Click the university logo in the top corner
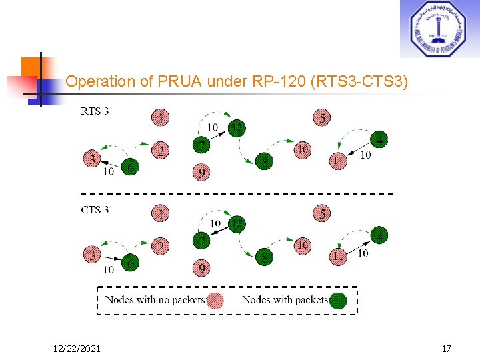(x=439, y=29)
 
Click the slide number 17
(x=446, y=349)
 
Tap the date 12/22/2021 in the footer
(x=77, y=349)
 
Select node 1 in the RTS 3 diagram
(x=161, y=119)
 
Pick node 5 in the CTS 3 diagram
(x=321, y=214)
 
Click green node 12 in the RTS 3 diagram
(x=236, y=127)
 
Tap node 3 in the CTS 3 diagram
(x=92, y=255)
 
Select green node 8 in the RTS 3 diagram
(x=265, y=161)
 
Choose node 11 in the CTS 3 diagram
(x=339, y=256)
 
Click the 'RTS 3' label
(x=95, y=111)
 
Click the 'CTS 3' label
(x=95, y=209)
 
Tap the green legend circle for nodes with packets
(x=339, y=301)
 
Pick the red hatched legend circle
(x=215, y=301)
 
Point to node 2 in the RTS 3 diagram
(x=161, y=151)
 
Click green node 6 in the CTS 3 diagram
(x=131, y=263)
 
